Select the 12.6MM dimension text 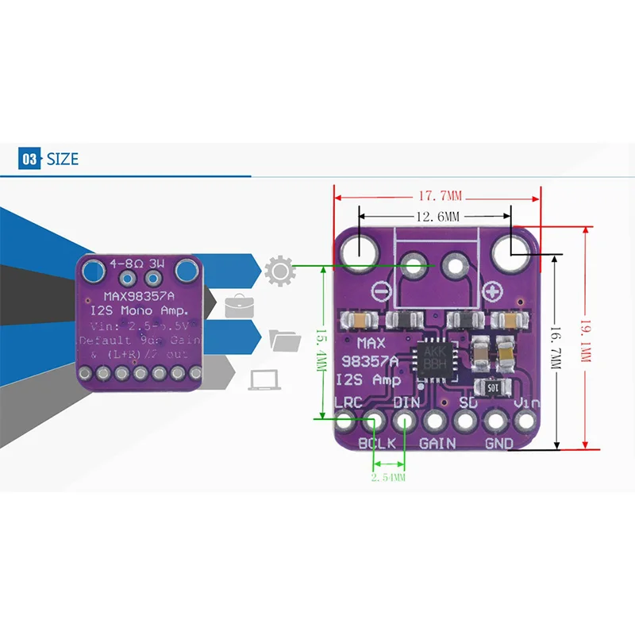437,216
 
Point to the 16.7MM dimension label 556,349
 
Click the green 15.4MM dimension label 321,341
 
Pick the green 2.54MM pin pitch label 389,477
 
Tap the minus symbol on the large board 382,293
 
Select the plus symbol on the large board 492,292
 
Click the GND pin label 499,443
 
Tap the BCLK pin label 377,443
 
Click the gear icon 279,271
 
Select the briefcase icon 239,306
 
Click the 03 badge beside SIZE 29,159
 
